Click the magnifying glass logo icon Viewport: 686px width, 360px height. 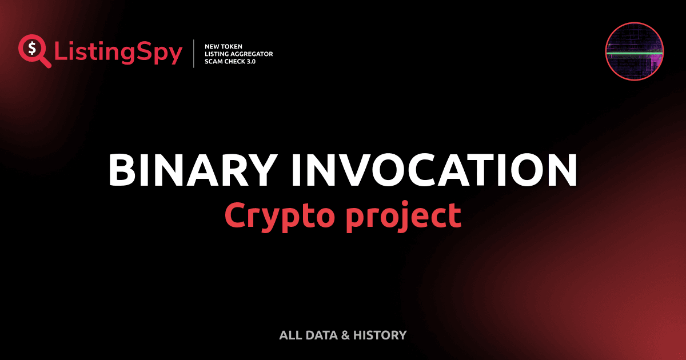tap(33, 50)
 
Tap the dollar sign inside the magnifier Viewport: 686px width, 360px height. tap(31, 47)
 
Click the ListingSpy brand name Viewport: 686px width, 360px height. tap(118, 53)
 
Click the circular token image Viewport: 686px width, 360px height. tap(634, 52)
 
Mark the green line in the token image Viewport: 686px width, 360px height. tap(634, 53)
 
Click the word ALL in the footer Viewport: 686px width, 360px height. tap(290, 335)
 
